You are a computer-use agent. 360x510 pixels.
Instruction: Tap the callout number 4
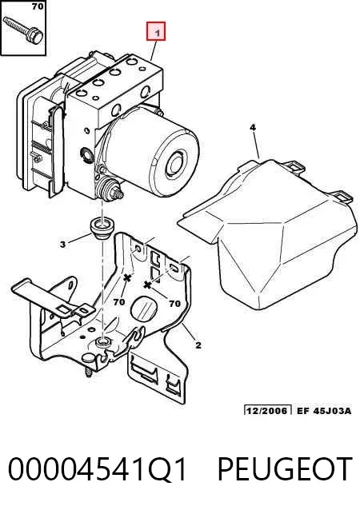(x=253, y=128)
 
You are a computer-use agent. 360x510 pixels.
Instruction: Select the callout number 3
(x=63, y=244)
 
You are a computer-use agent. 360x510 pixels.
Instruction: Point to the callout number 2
(x=198, y=345)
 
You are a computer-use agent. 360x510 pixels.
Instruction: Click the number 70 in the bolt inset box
(x=38, y=6)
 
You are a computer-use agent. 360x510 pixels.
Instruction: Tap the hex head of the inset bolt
(x=35, y=36)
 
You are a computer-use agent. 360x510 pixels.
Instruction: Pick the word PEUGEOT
(x=285, y=468)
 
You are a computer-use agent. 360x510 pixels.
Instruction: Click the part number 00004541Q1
(x=97, y=469)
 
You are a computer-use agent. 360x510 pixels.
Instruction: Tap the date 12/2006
(x=267, y=410)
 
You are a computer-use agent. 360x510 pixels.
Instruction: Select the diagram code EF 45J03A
(x=324, y=410)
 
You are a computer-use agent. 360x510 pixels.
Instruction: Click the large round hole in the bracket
(x=144, y=308)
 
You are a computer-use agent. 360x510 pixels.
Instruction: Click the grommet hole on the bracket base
(x=103, y=342)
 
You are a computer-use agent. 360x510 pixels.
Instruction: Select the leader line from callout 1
(x=154, y=50)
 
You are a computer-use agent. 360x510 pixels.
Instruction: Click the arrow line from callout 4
(x=257, y=145)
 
